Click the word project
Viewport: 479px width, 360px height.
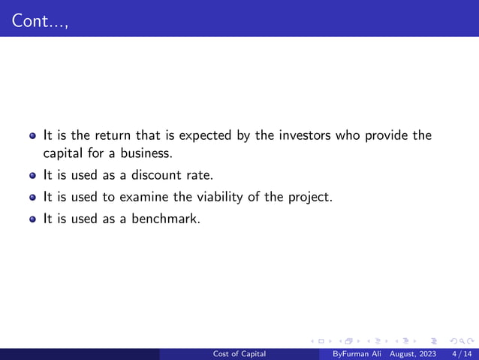[x=310, y=198]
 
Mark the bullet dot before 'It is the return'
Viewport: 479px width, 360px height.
[x=33, y=137]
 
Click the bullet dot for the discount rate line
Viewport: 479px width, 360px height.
[x=33, y=177]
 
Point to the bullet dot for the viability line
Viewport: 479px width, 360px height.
[x=33, y=198]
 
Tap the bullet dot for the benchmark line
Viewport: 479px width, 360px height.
[x=33, y=220]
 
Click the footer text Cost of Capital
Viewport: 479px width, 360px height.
[x=239, y=353]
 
